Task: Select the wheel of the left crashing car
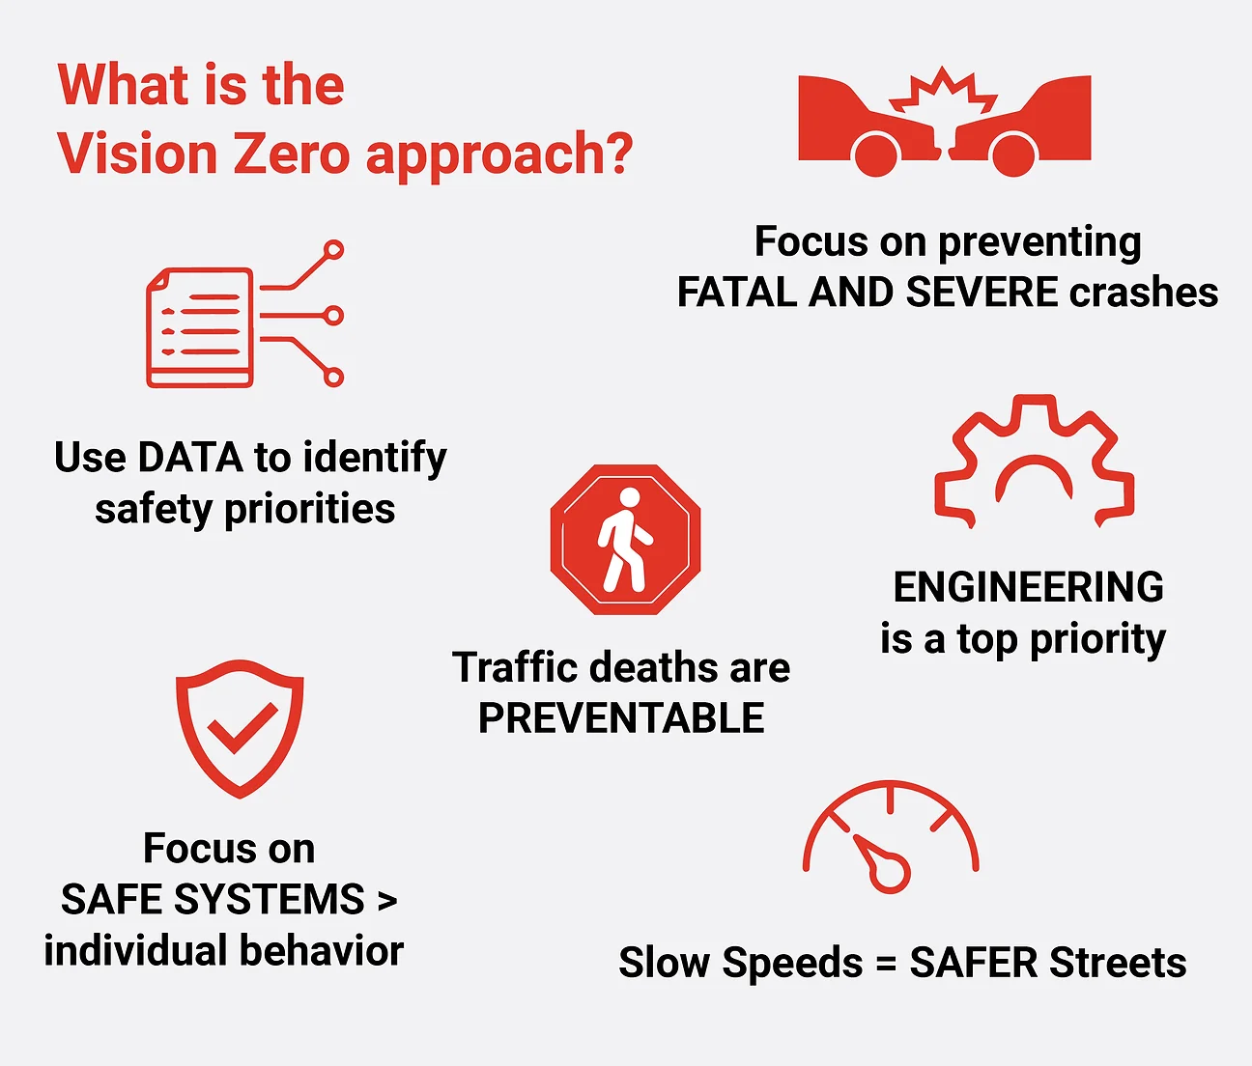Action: [x=875, y=154]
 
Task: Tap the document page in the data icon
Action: [x=200, y=327]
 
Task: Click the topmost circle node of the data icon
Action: [x=333, y=250]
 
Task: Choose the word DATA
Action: [x=190, y=457]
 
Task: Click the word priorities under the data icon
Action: [x=309, y=509]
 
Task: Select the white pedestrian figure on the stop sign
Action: [x=625, y=540]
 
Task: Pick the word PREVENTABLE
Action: [x=621, y=718]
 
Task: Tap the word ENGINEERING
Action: [x=1029, y=586]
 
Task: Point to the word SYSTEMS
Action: [x=269, y=899]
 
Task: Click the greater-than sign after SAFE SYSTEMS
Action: [x=387, y=900]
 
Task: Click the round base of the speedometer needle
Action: [x=891, y=872]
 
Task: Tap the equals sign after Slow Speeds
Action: [x=886, y=964]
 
